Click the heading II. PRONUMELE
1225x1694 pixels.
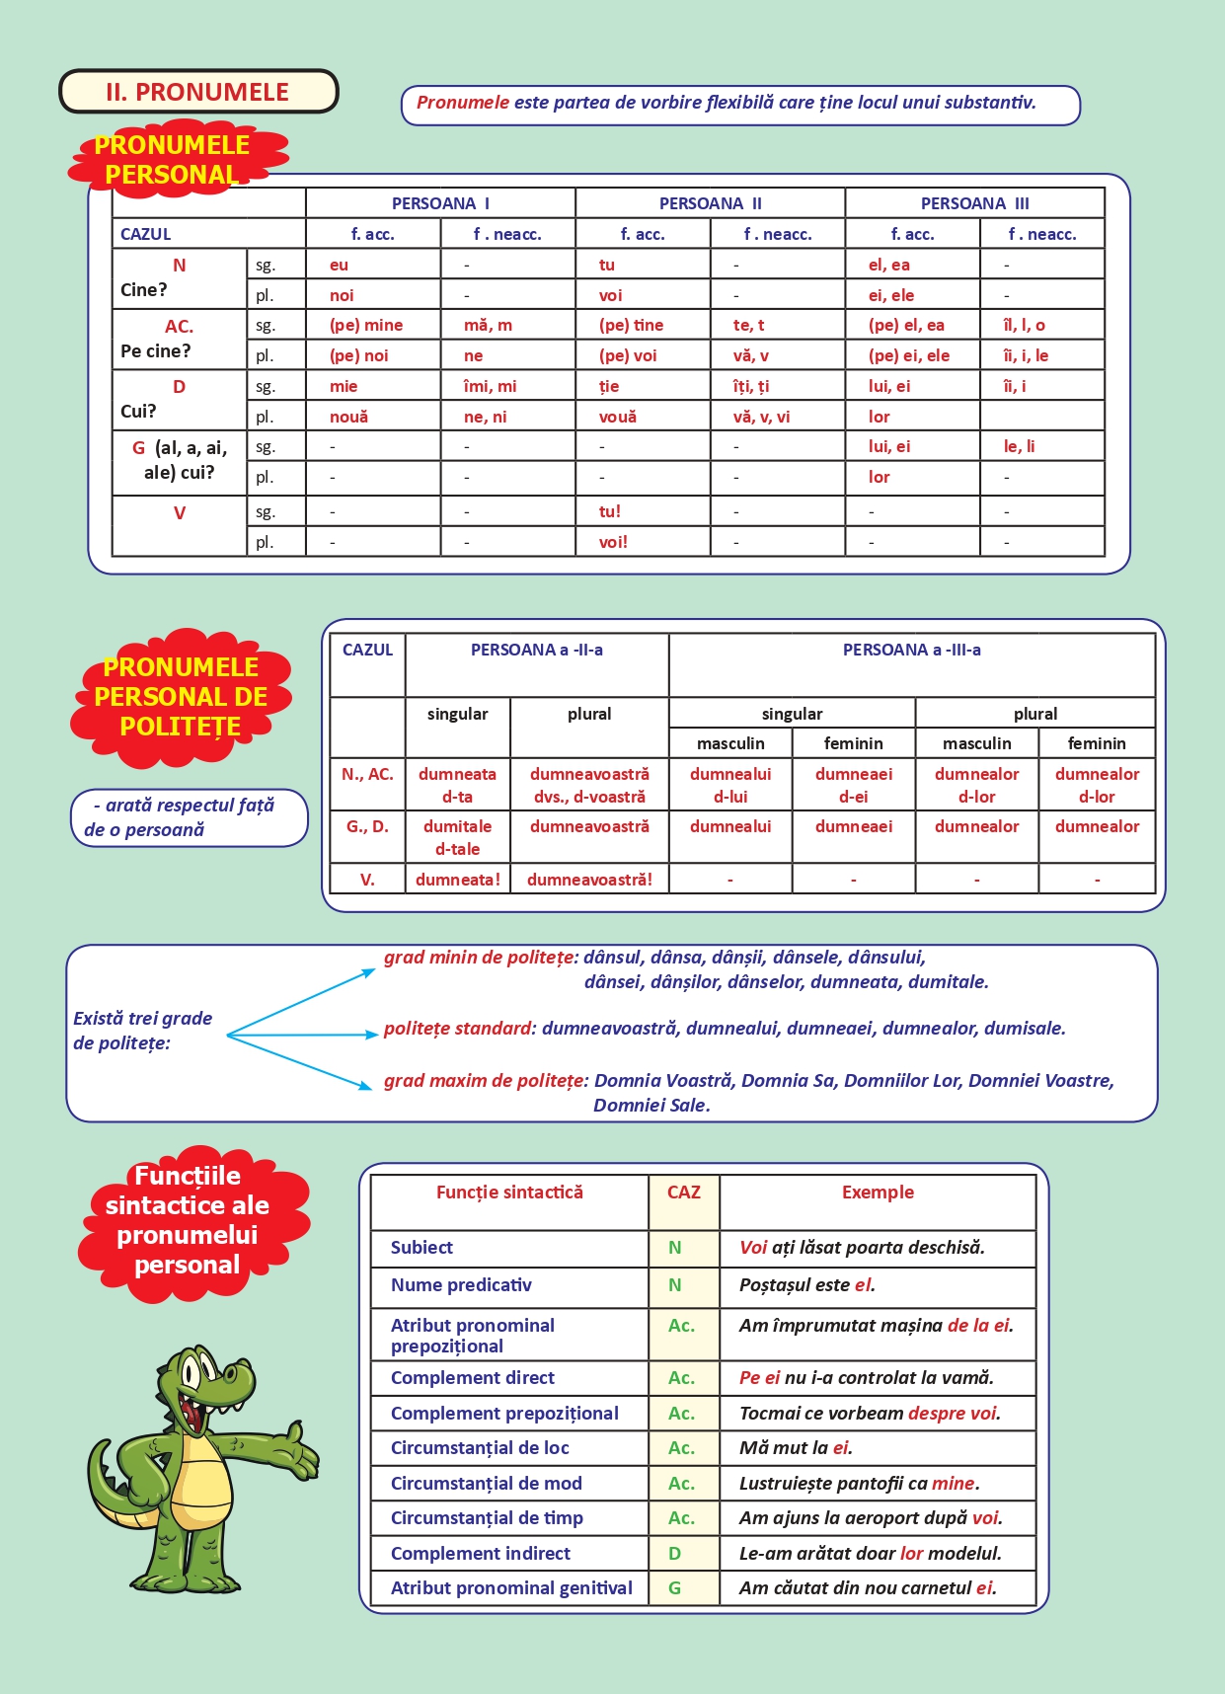[197, 92]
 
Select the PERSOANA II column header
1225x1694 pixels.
[710, 203]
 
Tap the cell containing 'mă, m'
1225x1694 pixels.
[488, 325]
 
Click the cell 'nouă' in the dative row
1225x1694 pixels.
[349, 417]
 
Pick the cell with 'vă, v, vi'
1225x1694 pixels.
[761, 417]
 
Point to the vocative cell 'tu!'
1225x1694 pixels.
[610, 511]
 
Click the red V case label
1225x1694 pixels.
[180, 513]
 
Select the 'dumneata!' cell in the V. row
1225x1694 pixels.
[457, 879]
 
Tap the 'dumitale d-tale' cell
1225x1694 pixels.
[457, 837]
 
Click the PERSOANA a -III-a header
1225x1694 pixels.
[911, 650]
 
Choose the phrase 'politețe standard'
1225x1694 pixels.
[457, 1028]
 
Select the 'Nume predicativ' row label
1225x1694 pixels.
[461, 1284]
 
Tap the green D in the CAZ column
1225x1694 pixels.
[675, 1553]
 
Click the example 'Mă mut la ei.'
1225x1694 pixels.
[796, 1447]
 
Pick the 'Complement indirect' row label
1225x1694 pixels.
[480, 1553]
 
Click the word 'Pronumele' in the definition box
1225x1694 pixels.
[462, 102]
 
